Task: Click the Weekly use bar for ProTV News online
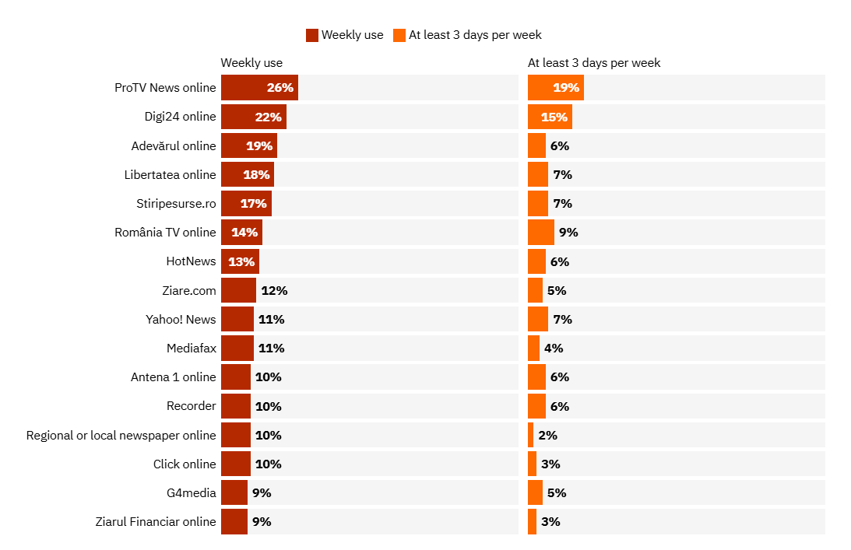click(x=259, y=88)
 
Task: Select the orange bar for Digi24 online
click(x=550, y=117)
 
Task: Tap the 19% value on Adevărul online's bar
click(x=259, y=145)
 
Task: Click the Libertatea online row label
click(x=170, y=174)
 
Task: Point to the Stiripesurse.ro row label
click(x=176, y=203)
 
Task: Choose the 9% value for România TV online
click(x=568, y=232)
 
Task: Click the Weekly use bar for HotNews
click(x=240, y=261)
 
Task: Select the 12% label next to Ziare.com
click(x=274, y=290)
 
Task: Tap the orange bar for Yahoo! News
click(x=538, y=319)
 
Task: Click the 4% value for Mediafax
click(x=554, y=348)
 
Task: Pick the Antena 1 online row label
click(x=173, y=377)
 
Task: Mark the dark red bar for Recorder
click(x=236, y=406)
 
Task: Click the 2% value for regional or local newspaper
click(x=547, y=435)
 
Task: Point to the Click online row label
click(x=185, y=464)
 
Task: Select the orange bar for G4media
click(x=535, y=492)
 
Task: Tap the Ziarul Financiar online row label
click(x=155, y=521)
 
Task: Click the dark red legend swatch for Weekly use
click(x=312, y=35)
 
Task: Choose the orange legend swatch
click(x=399, y=35)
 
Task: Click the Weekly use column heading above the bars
click(x=251, y=63)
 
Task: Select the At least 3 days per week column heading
click(x=594, y=63)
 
